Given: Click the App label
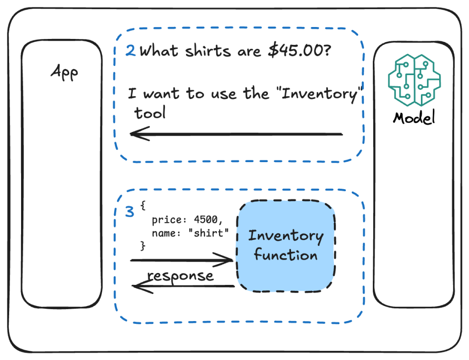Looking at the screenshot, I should coord(64,72).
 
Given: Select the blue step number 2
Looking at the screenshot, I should coord(131,51).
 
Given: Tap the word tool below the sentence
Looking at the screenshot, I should coord(150,113).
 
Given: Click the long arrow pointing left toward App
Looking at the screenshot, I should coord(236,134).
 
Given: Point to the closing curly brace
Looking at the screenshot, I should coord(142,246).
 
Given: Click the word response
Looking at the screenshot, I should coord(180,276).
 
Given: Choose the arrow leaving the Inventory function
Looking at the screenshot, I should coord(183,287).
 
